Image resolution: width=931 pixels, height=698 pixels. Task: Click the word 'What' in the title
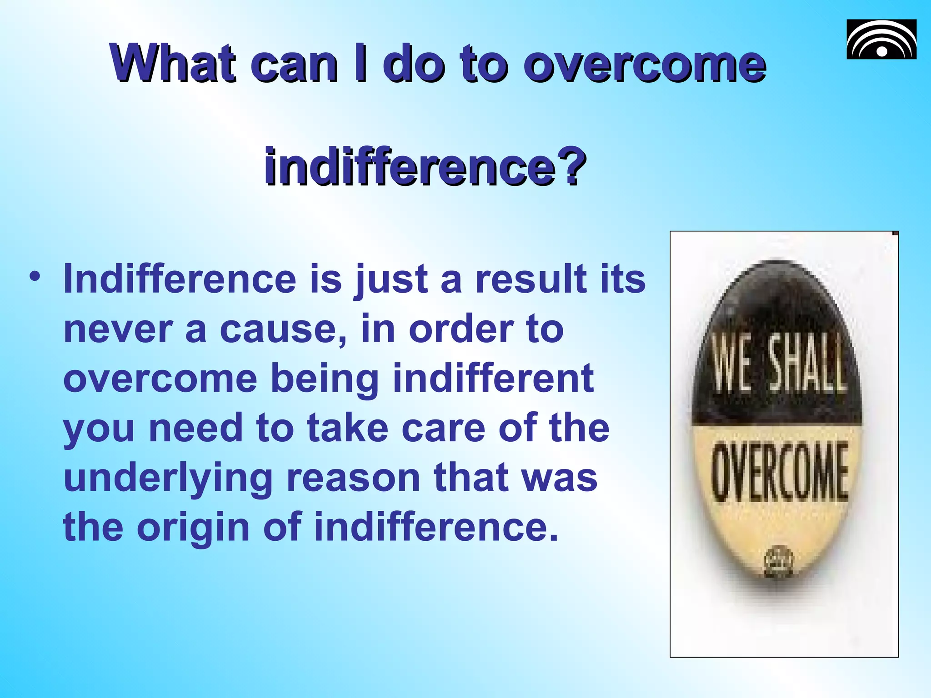[173, 64]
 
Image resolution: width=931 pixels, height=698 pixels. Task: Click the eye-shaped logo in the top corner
[881, 40]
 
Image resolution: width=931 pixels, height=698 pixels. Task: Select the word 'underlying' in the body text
[168, 479]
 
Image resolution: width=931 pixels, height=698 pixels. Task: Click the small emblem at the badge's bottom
[779, 562]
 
